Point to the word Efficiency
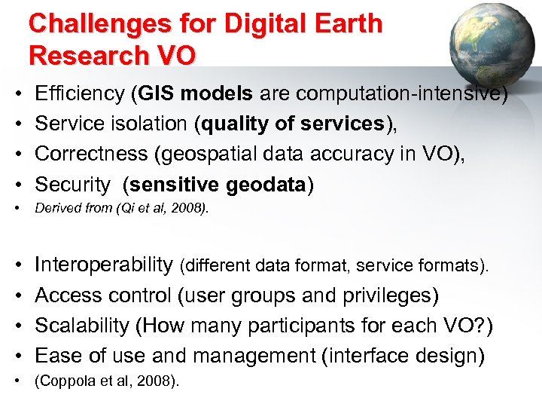tap(80, 93)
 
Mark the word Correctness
tap(92, 154)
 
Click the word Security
tap(73, 184)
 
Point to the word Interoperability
tap(104, 265)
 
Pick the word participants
tap(323, 326)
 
